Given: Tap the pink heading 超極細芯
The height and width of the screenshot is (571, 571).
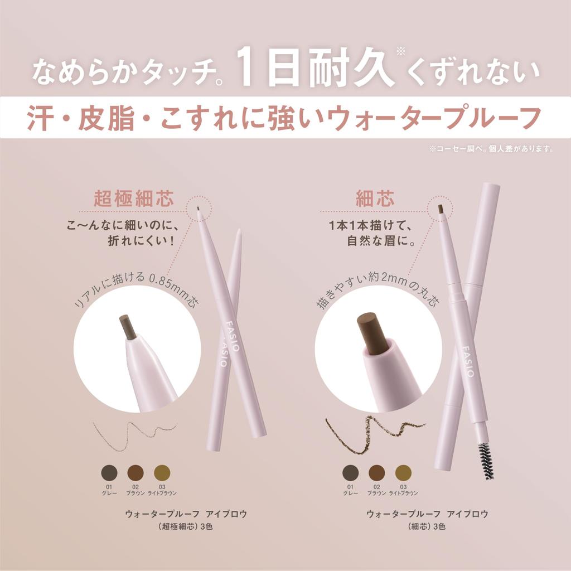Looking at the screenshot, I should tap(133, 198).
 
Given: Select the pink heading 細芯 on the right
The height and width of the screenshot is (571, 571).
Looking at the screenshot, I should tap(375, 198).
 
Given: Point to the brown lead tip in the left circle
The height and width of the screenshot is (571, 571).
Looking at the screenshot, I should tap(128, 327).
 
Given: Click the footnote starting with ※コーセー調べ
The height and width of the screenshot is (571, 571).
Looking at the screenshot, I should tap(491, 149).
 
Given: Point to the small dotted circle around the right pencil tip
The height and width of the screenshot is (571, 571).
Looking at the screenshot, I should tap(439, 209).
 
